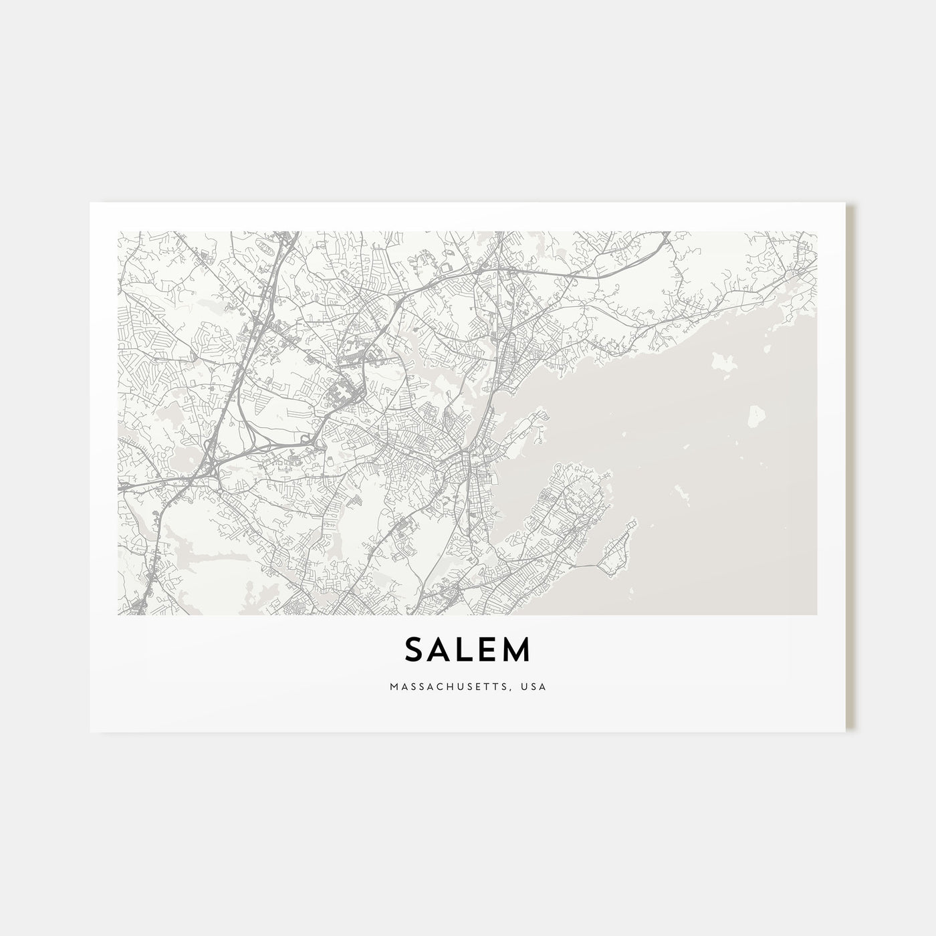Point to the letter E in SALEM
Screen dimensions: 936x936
point(492,650)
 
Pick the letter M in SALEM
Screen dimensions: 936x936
point(519,650)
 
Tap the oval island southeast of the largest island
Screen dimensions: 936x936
point(756,416)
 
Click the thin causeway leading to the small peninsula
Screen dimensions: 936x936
point(588,566)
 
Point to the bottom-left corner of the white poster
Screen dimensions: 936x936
point(90,731)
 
